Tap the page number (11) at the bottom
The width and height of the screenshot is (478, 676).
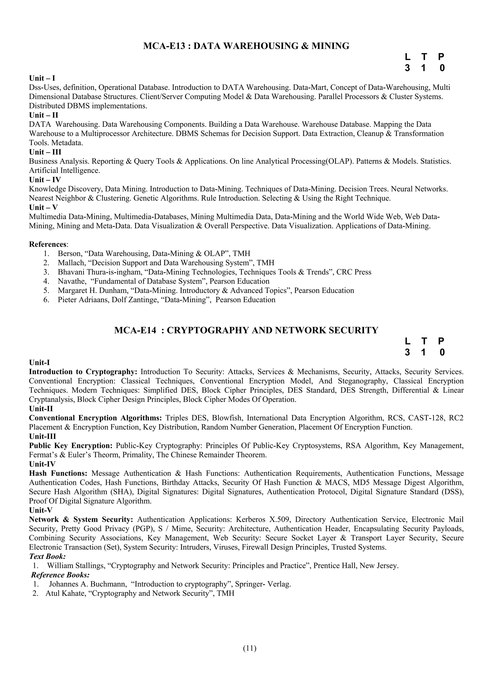click(250, 648)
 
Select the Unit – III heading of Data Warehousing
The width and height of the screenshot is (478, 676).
click(45, 152)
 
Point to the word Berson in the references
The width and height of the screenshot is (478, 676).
click(70, 253)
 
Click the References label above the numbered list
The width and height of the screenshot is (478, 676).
click(47, 244)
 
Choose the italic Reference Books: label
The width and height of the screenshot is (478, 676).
click(60, 575)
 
